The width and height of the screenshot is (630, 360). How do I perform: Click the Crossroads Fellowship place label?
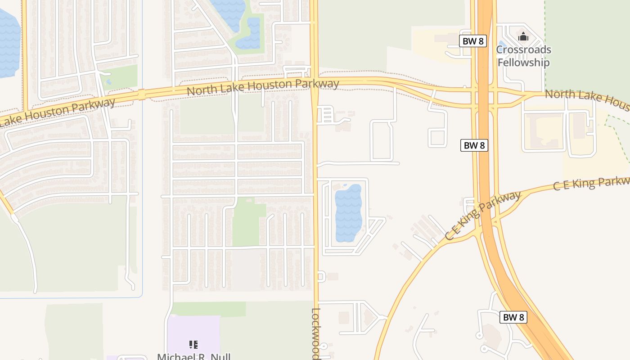click(523, 56)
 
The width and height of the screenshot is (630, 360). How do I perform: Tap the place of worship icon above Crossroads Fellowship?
click(523, 35)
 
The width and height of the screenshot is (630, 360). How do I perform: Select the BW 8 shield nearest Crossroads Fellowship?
click(473, 41)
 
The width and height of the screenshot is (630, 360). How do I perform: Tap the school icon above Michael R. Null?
click(193, 345)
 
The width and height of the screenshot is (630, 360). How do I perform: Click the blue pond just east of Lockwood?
click(348, 213)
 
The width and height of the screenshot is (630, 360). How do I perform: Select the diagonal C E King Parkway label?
click(482, 216)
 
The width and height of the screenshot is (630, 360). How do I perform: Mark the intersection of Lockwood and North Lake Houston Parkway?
click(314, 85)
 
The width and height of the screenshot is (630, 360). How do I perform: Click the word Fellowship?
click(523, 62)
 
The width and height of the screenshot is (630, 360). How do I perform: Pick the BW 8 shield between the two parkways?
click(474, 145)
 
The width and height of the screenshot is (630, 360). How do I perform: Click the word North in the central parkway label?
click(201, 90)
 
